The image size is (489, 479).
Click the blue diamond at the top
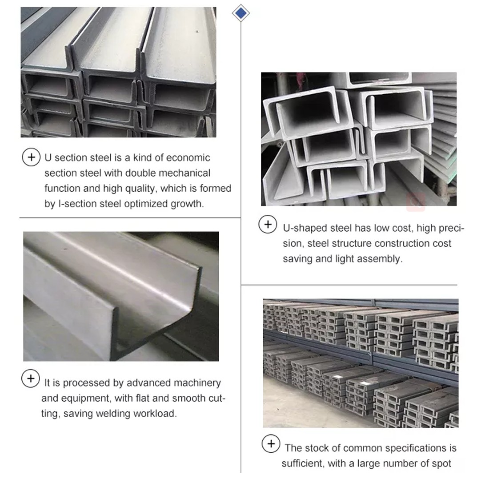click(x=240, y=13)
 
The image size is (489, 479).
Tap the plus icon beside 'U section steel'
click(x=31, y=157)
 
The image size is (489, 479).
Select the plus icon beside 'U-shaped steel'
click(x=268, y=225)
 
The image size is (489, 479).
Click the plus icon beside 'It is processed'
click(x=31, y=378)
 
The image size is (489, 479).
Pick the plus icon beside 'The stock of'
click(x=271, y=444)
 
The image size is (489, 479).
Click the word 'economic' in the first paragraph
click(x=188, y=158)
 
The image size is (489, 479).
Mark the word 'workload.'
click(x=158, y=414)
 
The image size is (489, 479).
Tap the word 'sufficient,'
click(x=303, y=463)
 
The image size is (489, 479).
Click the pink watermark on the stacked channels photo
click(x=416, y=202)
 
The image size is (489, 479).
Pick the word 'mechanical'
click(x=184, y=173)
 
